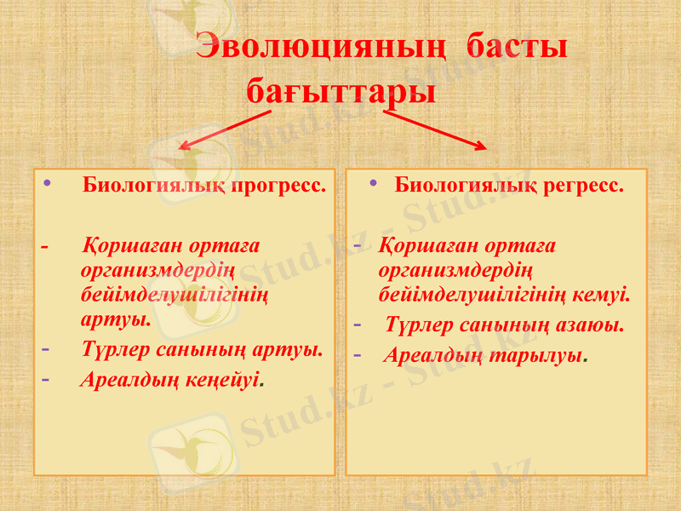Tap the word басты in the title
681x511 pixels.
point(516,48)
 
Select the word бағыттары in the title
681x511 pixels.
point(340,89)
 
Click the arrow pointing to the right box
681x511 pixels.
point(435,130)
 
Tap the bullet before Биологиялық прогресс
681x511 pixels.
point(47,183)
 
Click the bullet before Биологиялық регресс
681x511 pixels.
point(375,183)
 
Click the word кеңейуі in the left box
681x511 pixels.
point(226,379)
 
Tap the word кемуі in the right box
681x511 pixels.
point(606,296)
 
